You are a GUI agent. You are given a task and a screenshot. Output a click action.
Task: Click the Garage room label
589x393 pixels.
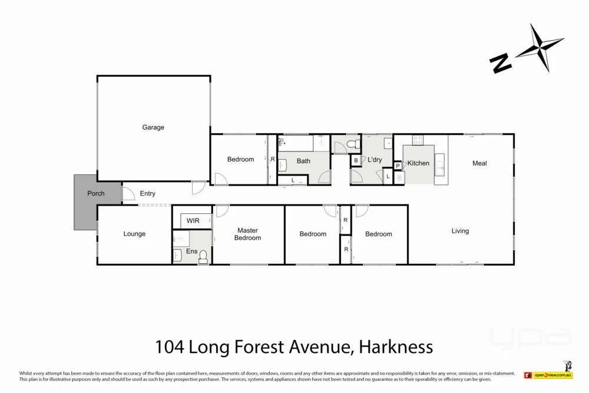pyautogui.click(x=153, y=127)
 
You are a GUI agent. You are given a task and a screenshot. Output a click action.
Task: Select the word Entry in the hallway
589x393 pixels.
pyautogui.click(x=147, y=194)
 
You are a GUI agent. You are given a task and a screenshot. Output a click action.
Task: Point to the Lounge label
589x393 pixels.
pyautogui.click(x=134, y=234)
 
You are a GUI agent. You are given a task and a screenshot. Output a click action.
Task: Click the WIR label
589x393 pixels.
pyautogui.click(x=193, y=221)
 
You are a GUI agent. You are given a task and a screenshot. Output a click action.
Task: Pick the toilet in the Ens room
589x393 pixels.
pyautogui.click(x=203, y=256)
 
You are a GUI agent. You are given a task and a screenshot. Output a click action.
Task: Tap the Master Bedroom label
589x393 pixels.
pyautogui.click(x=247, y=234)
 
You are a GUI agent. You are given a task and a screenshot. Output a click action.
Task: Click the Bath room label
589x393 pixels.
pyautogui.click(x=303, y=161)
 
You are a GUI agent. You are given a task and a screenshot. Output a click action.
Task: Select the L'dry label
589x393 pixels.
pyautogui.click(x=375, y=160)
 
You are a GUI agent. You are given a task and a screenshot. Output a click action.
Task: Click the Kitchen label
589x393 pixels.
pyautogui.click(x=418, y=163)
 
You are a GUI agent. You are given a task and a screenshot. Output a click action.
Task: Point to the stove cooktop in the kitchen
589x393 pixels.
pyautogui.click(x=418, y=140)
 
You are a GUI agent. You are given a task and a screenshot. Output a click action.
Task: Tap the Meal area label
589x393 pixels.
pyautogui.click(x=479, y=163)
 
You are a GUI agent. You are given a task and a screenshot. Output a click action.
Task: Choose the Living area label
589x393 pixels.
pyautogui.click(x=460, y=231)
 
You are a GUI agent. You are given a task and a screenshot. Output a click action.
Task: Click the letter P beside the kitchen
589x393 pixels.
pyautogui.click(x=398, y=166)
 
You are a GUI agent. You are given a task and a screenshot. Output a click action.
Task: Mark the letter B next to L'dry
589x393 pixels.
pyautogui.click(x=355, y=160)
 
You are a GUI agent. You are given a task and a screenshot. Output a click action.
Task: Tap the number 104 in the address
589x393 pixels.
pyautogui.click(x=169, y=346)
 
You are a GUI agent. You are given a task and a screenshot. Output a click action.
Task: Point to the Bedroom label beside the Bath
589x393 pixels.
pyautogui.click(x=240, y=160)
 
